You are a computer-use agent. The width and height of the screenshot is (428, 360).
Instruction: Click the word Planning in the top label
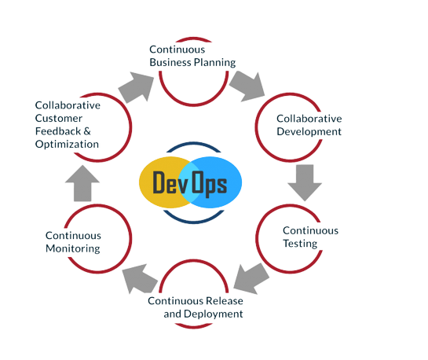(215, 63)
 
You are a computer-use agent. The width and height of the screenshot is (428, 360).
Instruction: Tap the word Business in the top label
(170, 62)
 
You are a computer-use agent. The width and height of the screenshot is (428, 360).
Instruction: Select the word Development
(309, 132)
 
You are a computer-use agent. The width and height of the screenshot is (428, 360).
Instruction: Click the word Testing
(300, 244)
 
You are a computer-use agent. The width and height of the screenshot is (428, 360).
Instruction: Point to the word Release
(225, 301)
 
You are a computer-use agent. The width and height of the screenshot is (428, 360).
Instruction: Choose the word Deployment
(213, 314)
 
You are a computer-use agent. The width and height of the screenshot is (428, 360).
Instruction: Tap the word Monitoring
(73, 249)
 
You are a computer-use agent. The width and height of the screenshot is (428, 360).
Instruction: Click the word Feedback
(58, 131)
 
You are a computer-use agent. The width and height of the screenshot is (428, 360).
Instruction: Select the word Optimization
(67, 145)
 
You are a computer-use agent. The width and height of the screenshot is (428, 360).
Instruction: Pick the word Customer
(59, 118)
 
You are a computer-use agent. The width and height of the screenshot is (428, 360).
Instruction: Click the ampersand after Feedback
(87, 131)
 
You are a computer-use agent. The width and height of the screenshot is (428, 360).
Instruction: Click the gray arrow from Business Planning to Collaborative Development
(248, 86)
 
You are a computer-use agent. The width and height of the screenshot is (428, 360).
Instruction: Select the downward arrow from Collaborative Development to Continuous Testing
(305, 182)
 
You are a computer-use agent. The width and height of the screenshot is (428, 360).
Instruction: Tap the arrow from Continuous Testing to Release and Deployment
(251, 278)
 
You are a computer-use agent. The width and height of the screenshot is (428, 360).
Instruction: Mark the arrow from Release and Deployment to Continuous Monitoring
(141, 278)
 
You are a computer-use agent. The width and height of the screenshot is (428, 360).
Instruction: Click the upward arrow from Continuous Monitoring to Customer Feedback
(82, 183)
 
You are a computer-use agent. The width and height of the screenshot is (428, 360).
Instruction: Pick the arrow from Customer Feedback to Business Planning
(136, 87)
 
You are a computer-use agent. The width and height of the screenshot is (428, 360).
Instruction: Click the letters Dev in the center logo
(170, 182)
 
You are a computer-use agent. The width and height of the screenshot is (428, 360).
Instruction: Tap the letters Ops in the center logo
(210, 184)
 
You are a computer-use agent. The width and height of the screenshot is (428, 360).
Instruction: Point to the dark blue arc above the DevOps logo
(193, 143)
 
